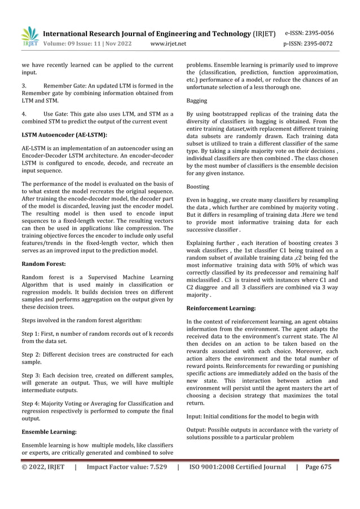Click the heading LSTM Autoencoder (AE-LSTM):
tap(64, 135)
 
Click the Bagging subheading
tap(197, 100)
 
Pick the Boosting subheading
tap(198, 186)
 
